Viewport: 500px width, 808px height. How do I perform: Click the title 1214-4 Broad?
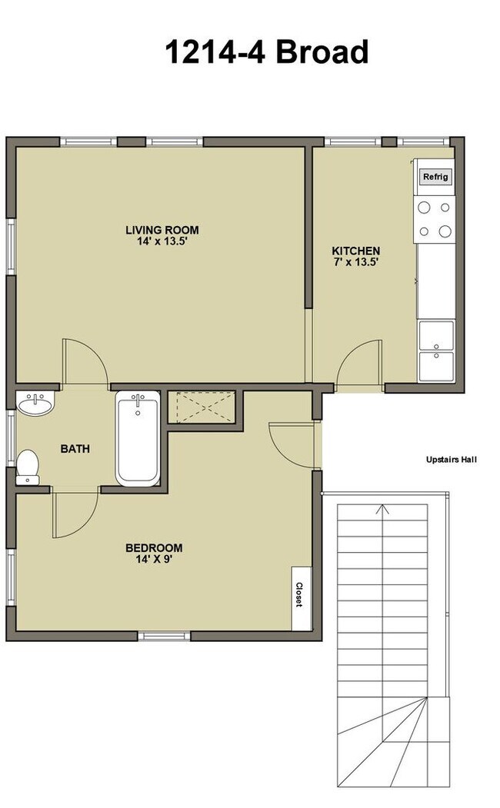tap(266, 52)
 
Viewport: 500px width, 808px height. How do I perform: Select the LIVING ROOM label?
tap(162, 230)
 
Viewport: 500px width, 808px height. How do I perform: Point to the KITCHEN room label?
tap(355, 251)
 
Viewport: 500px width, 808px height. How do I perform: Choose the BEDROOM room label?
tap(154, 547)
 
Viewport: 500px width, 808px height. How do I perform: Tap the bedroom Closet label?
tap(298, 593)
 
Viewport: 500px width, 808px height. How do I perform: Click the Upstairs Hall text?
tap(452, 460)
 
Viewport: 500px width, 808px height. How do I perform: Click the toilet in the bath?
tap(28, 467)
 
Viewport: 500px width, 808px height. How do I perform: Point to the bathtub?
tap(138, 438)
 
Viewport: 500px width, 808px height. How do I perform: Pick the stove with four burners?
tap(434, 218)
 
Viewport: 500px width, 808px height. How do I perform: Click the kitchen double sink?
tap(435, 351)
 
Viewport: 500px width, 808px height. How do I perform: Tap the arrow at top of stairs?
tap(382, 509)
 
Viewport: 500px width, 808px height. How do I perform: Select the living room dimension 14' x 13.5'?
tap(162, 241)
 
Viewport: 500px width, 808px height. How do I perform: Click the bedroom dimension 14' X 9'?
tap(154, 560)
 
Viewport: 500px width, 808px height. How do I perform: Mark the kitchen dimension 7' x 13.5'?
tap(355, 263)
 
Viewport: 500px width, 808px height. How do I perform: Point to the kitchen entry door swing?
tap(359, 364)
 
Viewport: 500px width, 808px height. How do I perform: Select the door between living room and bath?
tap(85, 362)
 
